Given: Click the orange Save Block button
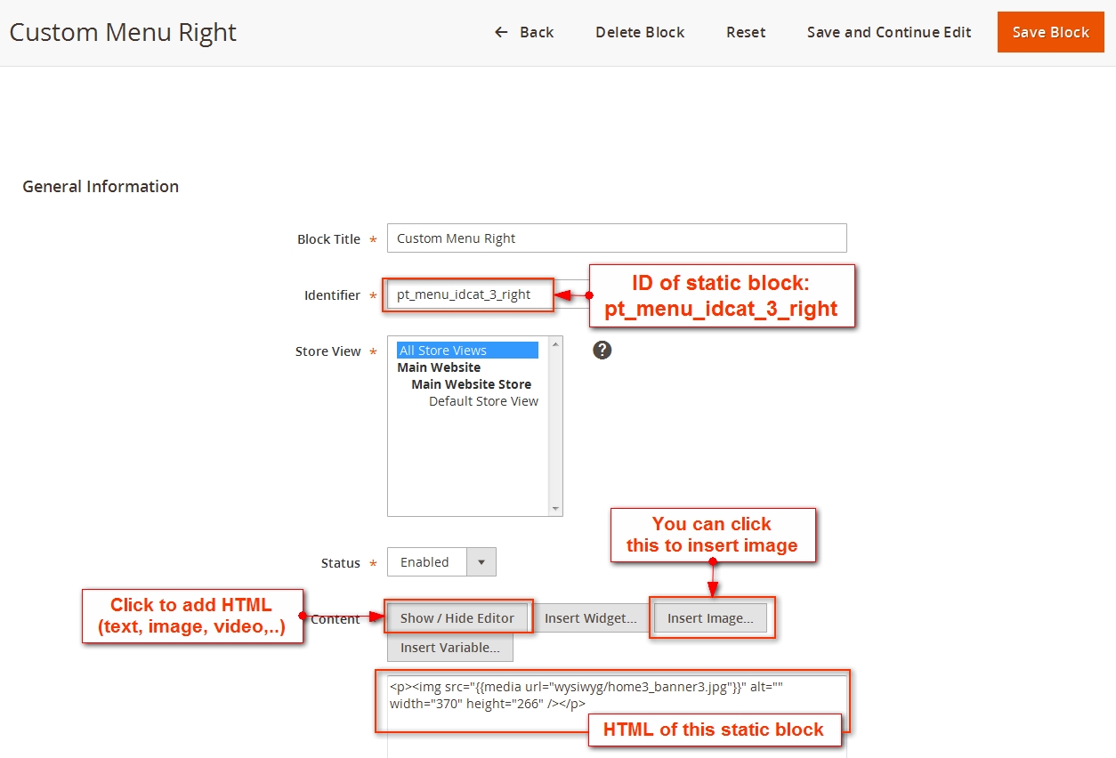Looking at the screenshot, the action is point(1050,32).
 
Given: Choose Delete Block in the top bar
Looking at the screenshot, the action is point(640,32).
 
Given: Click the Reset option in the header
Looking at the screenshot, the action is point(745,32).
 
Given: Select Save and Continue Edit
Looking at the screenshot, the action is point(889,32).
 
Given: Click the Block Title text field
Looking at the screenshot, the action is point(617,238).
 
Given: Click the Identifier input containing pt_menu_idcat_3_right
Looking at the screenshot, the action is point(469,294).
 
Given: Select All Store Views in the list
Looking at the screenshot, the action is point(467,351).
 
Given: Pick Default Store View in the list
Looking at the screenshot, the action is point(483,401).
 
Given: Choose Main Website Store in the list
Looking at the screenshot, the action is point(471,384).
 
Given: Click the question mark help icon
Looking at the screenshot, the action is point(602,351).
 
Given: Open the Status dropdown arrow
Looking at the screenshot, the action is point(481,561).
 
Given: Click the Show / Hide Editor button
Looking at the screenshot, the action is point(457,618).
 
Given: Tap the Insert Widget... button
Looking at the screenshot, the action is point(590,618).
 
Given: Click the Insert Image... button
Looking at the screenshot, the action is point(710,618).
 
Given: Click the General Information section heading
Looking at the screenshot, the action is point(101,186).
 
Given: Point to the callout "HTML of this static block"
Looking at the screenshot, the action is point(715,730).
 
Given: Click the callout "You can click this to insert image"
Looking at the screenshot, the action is point(713,535).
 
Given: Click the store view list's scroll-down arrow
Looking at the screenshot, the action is point(555,509).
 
